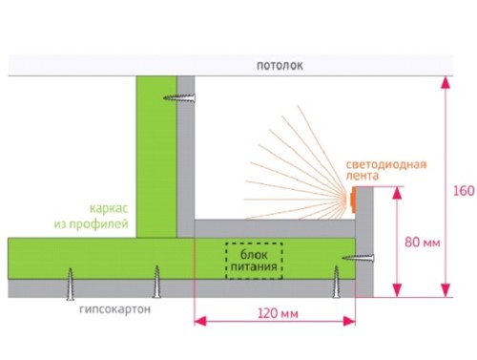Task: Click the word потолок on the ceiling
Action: (x=280, y=66)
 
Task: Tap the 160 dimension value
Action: (x=464, y=191)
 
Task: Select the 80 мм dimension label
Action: (x=423, y=243)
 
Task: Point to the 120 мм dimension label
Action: (x=278, y=314)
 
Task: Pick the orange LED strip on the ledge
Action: (x=353, y=201)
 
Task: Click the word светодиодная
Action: (x=386, y=164)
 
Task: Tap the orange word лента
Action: (x=363, y=176)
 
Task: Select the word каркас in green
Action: (x=109, y=208)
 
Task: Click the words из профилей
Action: (x=91, y=223)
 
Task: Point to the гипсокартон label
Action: (x=114, y=309)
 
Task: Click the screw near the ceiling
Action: (x=179, y=97)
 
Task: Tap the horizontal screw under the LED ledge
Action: (x=358, y=258)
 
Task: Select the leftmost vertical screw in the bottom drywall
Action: (x=71, y=284)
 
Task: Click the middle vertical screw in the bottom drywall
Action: (x=156, y=282)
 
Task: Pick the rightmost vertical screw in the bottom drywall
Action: (x=336, y=282)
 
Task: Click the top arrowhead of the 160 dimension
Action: (x=446, y=82)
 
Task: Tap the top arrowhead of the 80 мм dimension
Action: (x=397, y=193)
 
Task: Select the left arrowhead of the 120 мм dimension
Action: (x=200, y=321)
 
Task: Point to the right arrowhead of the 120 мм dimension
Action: (x=349, y=321)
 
